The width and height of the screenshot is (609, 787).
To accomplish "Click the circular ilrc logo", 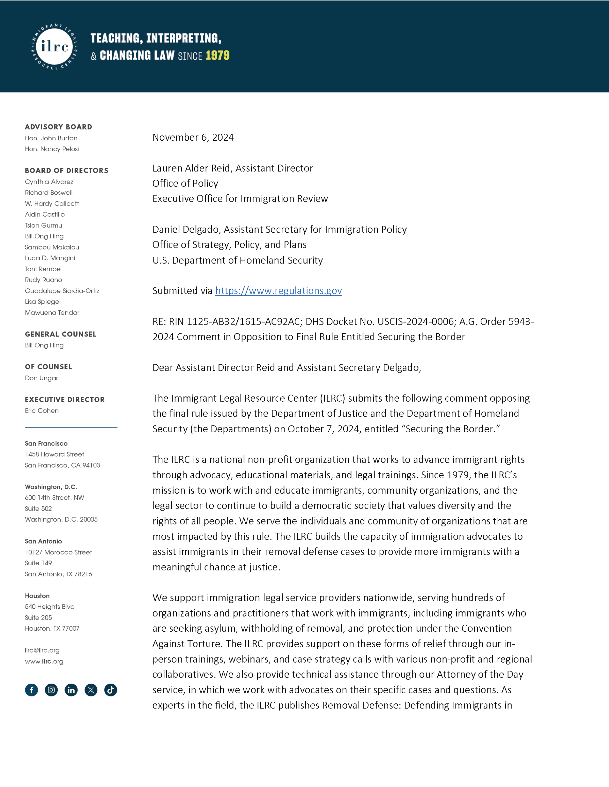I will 55,46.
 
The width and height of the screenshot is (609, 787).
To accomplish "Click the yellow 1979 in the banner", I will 217,55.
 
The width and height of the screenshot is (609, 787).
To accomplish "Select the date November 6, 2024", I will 193,137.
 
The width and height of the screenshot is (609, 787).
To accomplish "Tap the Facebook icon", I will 31,690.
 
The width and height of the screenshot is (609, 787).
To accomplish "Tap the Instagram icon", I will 51,690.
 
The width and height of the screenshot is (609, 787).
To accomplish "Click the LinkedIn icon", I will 71,690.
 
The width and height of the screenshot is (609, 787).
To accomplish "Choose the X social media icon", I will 91,690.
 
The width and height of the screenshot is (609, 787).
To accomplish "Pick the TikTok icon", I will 111,690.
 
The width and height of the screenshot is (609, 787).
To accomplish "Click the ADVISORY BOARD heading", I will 58,127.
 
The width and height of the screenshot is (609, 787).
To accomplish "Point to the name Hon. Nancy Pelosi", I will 52,149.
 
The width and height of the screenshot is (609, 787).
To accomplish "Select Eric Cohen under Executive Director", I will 42,410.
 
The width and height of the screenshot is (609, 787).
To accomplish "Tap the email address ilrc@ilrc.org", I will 42,650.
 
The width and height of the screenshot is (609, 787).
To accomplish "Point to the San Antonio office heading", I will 43,541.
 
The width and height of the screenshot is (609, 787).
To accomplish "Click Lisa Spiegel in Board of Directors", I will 43,301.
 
